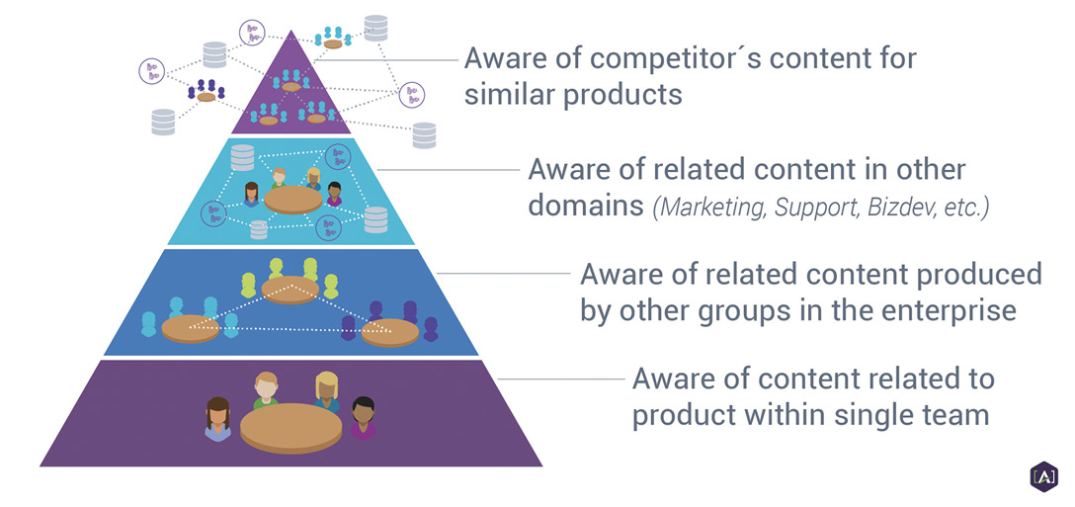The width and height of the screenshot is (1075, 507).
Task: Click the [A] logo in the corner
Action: point(1043,475)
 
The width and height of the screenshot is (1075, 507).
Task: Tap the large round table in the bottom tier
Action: point(281,427)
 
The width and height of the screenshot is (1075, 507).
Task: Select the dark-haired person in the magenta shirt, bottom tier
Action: point(363,418)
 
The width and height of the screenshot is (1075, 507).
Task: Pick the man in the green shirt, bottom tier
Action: point(266,390)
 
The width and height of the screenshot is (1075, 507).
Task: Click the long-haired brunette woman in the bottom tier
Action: point(218,418)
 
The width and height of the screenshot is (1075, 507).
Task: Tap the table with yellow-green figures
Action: point(290,290)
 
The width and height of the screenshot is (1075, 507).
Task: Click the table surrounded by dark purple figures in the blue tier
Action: point(390,333)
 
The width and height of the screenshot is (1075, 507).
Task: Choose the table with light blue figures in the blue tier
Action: point(190,329)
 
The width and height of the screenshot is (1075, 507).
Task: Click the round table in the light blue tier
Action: point(292,199)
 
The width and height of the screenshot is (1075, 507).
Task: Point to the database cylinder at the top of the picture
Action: point(375,28)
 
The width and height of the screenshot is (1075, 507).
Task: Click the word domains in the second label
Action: point(585,206)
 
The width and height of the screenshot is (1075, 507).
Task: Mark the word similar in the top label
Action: point(509,94)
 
